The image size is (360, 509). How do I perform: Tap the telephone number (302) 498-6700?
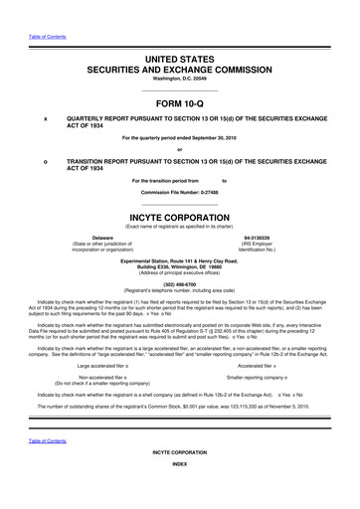pyautogui.click(x=180, y=281)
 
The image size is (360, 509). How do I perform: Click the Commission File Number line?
pyautogui.click(x=180, y=190)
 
